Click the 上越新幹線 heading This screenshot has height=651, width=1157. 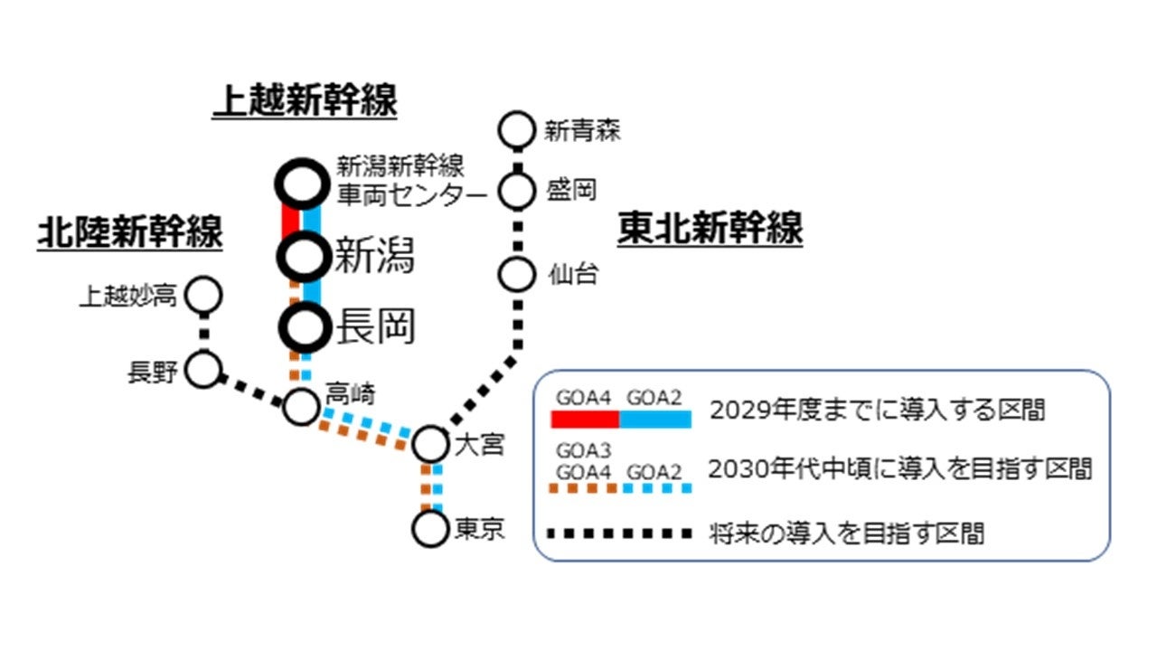[305, 101]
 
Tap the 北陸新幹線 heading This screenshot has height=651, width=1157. [129, 233]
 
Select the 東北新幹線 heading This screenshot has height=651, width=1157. [710, 228]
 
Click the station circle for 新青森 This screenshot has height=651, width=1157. [518, 130]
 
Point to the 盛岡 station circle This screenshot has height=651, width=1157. [518, 191]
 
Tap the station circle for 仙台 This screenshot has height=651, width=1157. [518, 273]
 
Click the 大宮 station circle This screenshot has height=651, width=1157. [430, 444]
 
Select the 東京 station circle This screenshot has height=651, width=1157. [430, 528]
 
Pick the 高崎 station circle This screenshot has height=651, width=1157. [301, 406]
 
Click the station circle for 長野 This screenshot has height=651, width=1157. [204, 370]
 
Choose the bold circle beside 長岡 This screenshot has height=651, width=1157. [302, 327]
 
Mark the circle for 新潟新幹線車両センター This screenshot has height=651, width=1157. [302, 184]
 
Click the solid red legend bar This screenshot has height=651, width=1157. [585, 420]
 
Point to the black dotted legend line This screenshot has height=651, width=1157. [621, 533]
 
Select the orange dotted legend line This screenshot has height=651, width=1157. [585, 488]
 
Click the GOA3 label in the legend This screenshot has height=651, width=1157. [583, 451]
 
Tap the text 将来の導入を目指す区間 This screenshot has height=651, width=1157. [846, 533]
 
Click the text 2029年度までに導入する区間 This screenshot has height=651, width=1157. [877, 410]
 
